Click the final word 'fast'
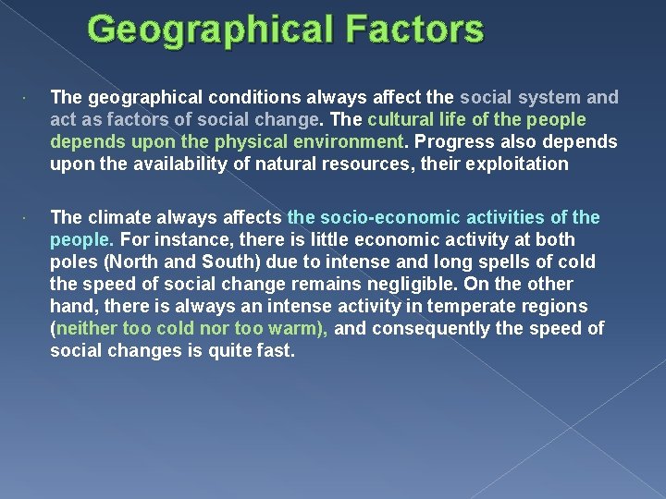274,350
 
